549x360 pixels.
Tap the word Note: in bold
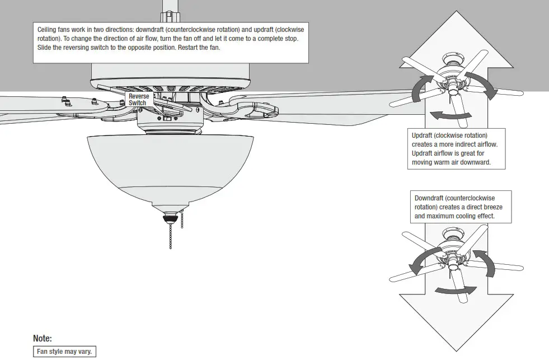tap(43, 338)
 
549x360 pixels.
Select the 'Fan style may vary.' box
tap(65, 352)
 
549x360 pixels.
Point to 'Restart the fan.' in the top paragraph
tap(201, 48)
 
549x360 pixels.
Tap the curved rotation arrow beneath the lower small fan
tap(456, 290)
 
